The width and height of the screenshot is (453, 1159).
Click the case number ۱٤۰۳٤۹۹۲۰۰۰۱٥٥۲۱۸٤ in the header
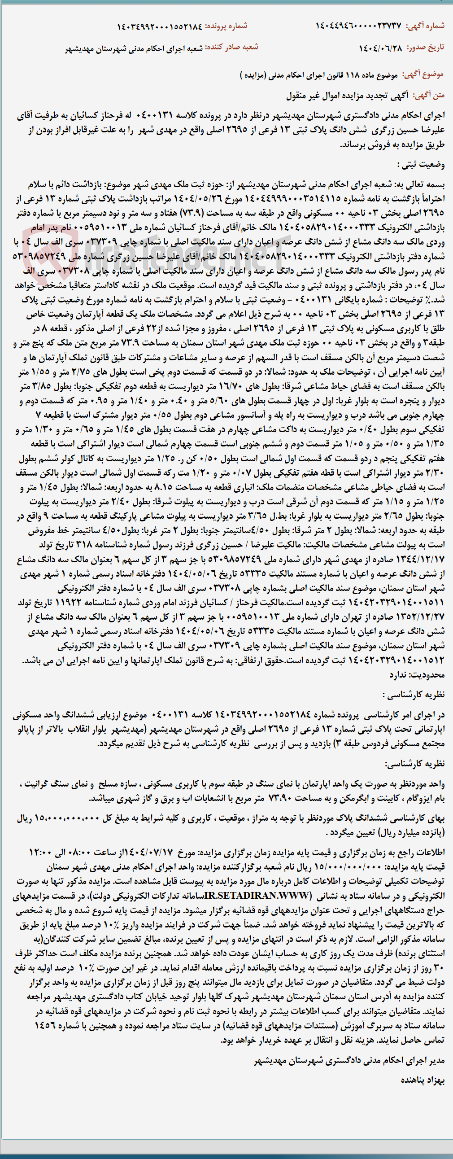coord(159,26)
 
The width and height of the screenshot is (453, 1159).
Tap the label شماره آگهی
coord(425,26)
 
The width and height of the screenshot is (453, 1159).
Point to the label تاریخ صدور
coord(425,47)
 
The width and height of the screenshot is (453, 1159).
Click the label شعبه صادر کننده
coord(232,47)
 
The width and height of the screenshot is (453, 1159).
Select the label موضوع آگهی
coord(423,74)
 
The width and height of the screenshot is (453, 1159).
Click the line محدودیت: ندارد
coord(417,674)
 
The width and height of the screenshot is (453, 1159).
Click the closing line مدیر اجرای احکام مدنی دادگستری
coord(349,1061)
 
